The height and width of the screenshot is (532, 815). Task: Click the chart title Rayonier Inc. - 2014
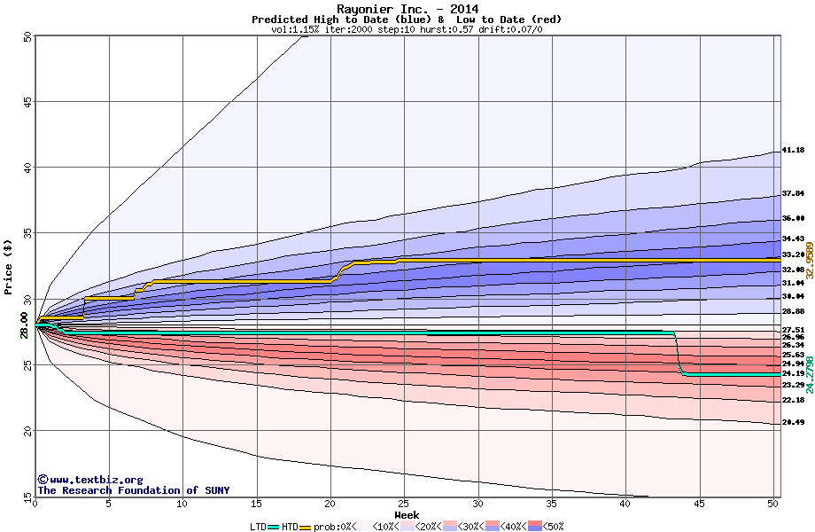click(407, 10)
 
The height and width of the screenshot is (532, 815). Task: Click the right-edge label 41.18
click(793, 151)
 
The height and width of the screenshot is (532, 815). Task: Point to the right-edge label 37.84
click(793, 193)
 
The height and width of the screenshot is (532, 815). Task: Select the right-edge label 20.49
click(793, 423)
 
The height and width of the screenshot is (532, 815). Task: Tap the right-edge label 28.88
click(793, 312)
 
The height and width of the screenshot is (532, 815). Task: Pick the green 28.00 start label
click(19, 331)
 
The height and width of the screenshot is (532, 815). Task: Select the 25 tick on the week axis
click(404, 505)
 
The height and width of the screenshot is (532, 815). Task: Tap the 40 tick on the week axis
click(625, 505)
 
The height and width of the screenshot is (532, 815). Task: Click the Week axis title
click(407, 515)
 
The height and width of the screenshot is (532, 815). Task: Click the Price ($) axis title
click(9, 266)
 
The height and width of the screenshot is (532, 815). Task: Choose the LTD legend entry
click(259, 527)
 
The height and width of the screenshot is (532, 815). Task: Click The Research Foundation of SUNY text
click(133, 490)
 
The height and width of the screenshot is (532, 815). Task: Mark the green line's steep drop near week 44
click(679, 355)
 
